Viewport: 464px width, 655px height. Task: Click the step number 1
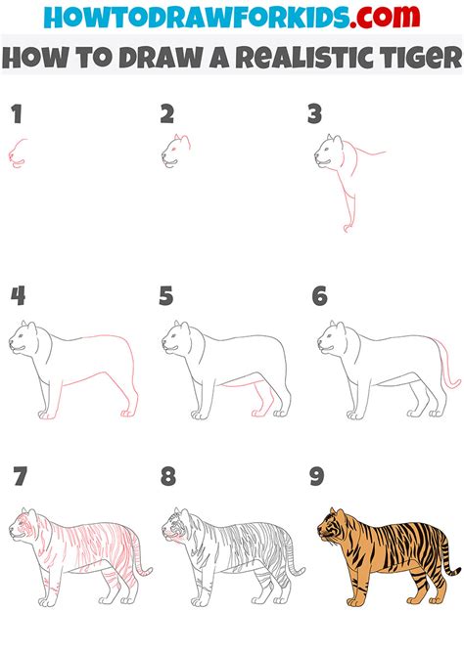[17, 115]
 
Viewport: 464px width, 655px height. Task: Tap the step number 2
[167, 115]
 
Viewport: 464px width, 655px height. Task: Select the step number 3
[314, 115]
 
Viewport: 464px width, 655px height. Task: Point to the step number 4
[18, 296]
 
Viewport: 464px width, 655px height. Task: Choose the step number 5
[167, 296]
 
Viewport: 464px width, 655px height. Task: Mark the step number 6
[319, 296]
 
